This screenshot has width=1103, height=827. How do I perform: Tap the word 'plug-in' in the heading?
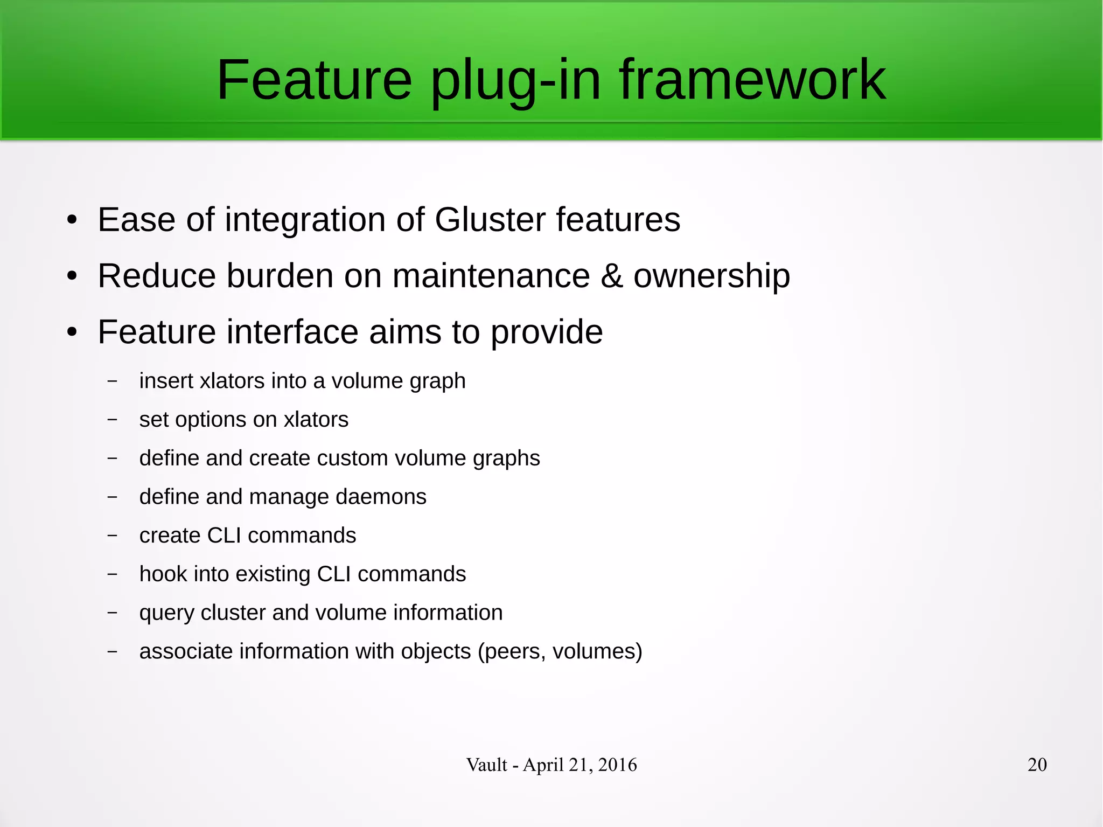click(x=515, y=81)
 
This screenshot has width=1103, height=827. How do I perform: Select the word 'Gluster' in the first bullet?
click(x=490, y=220)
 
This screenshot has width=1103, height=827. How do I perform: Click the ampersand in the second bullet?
click(x=611, y=276)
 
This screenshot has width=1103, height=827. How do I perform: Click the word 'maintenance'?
click(x=491, y=276)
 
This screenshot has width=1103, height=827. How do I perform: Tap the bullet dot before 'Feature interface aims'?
click(x=72, y=332)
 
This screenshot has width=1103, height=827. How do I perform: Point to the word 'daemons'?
click(x=381, y=497)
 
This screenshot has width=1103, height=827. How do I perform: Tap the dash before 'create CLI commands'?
click(x=112, y=536)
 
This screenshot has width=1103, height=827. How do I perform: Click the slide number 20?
click(x=1037, y=765)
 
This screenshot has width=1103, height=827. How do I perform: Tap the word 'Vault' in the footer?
click(x=486, y=765)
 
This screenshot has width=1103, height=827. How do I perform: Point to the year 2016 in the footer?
click(x=617, y=765)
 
